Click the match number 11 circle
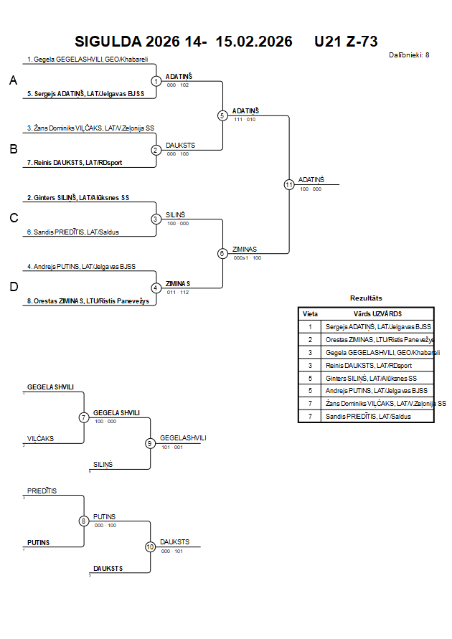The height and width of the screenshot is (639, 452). [x=289, y=184]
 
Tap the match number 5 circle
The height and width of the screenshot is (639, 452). [x=222, y=115]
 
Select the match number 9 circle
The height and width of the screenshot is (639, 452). [x=150, y=443]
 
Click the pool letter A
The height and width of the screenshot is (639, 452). [x=13, y=81]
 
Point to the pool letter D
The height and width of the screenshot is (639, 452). [x=13, y=287]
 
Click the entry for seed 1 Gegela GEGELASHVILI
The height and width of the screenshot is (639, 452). [x=87, y=60]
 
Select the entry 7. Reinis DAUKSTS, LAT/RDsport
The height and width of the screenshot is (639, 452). [x=75, y=163]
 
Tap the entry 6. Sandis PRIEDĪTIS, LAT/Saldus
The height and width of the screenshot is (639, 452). [x=73, y=232]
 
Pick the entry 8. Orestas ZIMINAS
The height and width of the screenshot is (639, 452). [x=88, y=301]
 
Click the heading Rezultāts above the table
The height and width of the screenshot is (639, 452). [x=366, y=298]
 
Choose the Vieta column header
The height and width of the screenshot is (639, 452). [x=310, y=313]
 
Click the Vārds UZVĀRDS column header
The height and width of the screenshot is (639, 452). [x=377, y=313]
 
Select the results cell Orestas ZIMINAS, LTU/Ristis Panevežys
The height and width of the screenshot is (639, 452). [x=380, y=339]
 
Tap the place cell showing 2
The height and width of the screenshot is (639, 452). [x=310, y=339]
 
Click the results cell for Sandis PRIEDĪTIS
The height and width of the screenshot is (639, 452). [x=369, y=416]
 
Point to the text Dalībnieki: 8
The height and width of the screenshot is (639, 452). [x=409, y=55]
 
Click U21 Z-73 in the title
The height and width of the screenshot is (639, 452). [x=346, y=42]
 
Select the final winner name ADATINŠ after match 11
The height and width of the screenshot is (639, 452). [x=311, y=179]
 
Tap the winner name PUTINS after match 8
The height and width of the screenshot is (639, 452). [x=104, y=516]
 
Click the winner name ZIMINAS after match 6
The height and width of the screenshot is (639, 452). [x=245, y=249]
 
